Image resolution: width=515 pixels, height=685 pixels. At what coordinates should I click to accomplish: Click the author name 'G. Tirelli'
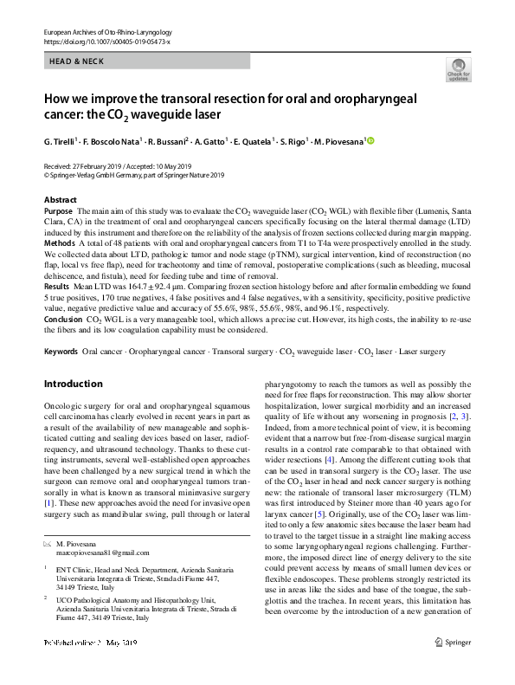61,140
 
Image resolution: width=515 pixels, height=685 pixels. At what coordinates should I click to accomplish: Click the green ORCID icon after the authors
371,140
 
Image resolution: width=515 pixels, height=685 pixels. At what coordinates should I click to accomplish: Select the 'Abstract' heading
60,200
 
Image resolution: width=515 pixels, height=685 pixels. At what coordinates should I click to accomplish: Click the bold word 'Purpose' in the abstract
58,211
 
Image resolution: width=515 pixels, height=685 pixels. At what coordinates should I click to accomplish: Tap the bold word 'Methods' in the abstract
59,244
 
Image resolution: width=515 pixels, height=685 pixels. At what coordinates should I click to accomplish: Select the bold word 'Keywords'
61,352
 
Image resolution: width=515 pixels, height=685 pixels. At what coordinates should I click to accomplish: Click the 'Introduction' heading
73,384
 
